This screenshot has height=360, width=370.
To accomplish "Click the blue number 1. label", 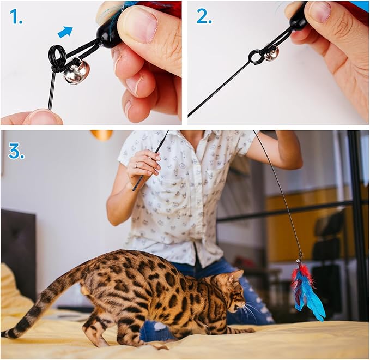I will click(x=16, y=17).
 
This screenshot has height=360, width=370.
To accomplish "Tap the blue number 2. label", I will click(x=204, y=17).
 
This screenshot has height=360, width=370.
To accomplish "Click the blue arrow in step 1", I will click(x=65, y=32).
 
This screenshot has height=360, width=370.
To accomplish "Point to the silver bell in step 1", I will click(x=76, y=71).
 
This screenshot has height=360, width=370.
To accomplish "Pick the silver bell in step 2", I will click(x=271, y=52).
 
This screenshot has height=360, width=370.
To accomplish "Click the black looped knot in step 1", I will click(x=58, y=57).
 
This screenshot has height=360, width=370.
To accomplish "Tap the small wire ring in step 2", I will click(x=255, y=57).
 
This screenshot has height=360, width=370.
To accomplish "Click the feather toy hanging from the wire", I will click(x=306, y=289).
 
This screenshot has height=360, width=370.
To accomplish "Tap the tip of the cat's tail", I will click(x=8, y=333).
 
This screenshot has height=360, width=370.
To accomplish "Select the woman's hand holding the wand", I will click(x=143, y=164).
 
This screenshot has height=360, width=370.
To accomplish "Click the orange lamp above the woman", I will click(x=101, y=135).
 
